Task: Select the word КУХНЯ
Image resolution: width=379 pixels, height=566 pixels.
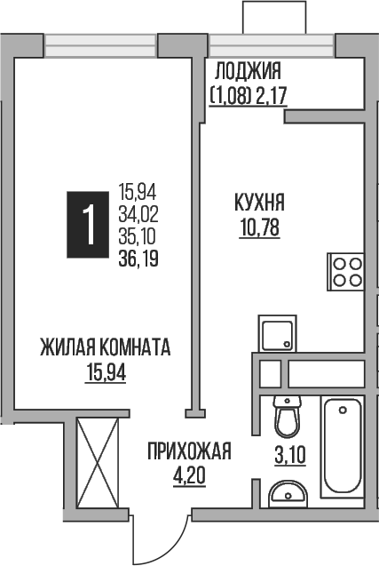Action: point(259,204)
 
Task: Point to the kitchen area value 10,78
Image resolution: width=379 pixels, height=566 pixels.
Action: point(259,227)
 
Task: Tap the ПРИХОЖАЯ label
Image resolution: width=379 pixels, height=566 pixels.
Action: point(189,452)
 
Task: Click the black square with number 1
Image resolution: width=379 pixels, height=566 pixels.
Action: point(88,225)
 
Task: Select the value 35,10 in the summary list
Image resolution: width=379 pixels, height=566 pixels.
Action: point(137,235)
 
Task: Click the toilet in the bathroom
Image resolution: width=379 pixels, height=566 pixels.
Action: point(287,416)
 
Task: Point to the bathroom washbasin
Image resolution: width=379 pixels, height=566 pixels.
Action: point(287,493)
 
